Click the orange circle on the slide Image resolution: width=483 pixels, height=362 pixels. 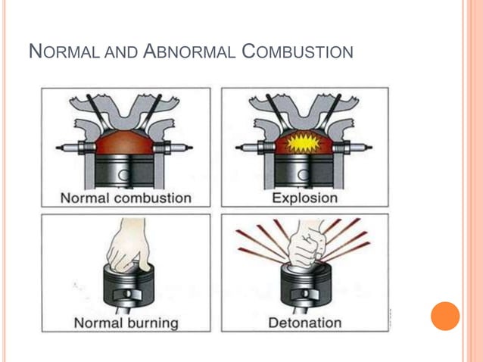click(x=445, y=316)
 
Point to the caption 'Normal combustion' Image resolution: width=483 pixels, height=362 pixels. click(x=126, y=198)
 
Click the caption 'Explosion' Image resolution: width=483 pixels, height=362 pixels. click(x=304, y=198)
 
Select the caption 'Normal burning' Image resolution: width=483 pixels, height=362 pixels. click(x=126, y=323)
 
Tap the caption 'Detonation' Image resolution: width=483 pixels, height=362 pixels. click(x=304, y=323)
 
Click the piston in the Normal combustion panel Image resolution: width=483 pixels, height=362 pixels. click(x=126, y=170)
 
